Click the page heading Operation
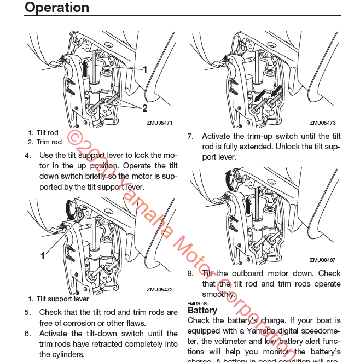click(57, 8)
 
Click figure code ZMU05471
click(159, 123)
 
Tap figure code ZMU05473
click(322, 123)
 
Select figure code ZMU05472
click(159, 290)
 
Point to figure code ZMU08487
click(322, 260)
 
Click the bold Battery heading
click(202, 310)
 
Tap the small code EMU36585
click(198, 303)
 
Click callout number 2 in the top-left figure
click(145, 108)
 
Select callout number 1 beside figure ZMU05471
click(145, 69)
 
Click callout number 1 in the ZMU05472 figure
click(42, 255)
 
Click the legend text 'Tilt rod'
click(47, 133)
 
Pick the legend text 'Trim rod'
click(49, 142)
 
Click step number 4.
click(27, 155)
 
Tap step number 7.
click(190, 137)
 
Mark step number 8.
click(190, 273)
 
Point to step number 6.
click(27, 334)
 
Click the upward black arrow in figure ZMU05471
click(85, 70)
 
